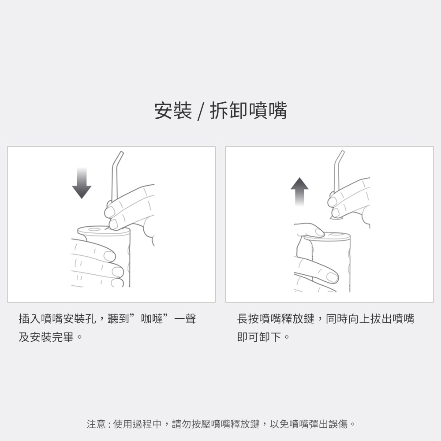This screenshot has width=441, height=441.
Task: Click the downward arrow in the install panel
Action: tap(82, 183)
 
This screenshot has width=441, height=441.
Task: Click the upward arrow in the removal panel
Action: tap(299, 192)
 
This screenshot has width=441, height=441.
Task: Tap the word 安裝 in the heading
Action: tap(173, 111)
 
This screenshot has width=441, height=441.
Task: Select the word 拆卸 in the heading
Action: tap(228, 111)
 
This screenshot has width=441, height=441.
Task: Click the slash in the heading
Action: tap(200, 111)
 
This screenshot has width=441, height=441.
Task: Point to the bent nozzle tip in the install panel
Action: tap(122, 153)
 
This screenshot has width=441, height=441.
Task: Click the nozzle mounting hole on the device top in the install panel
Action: tap(93, 230)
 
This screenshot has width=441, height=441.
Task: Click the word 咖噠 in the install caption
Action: tap(152, 319)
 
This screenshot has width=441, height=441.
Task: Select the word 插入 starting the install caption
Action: tap(30, 319)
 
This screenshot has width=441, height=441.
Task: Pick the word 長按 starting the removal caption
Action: tap(248, 319)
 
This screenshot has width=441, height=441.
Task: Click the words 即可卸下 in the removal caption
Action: tap(259, 337)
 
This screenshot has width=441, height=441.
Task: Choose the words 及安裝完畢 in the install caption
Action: tap(46, 337)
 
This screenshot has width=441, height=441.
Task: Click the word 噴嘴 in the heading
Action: tap(268, 111)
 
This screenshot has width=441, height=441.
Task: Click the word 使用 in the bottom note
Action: tap(123, 424)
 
